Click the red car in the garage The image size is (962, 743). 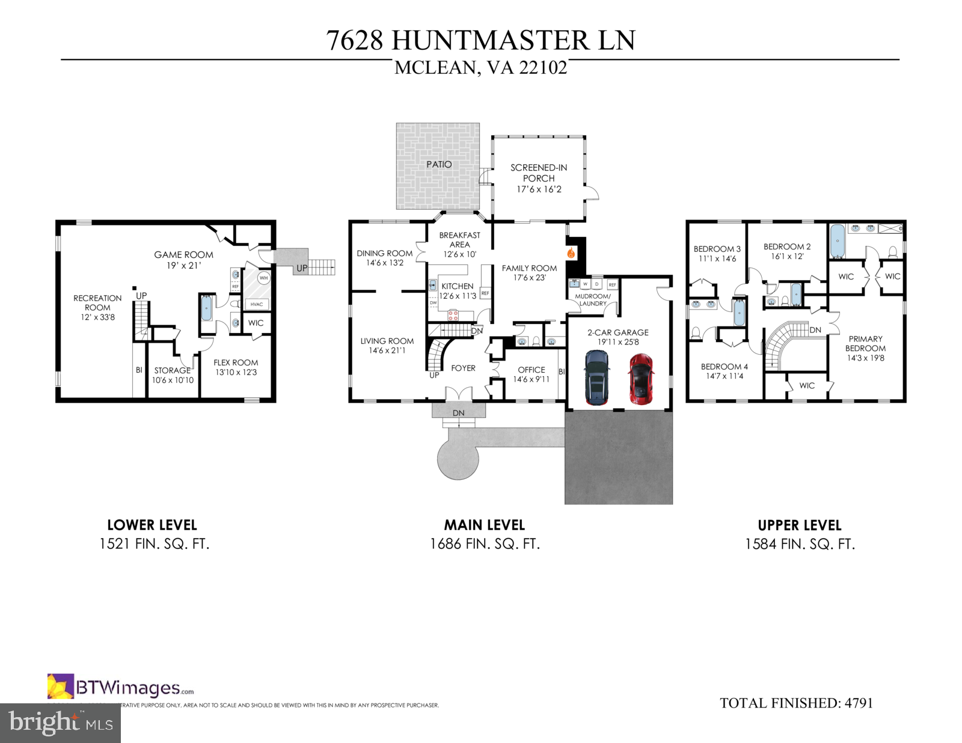(641, 379)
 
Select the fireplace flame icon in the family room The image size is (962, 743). (571, 253)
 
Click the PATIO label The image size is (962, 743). (439, 164)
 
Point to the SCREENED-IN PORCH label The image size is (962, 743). (539, 173)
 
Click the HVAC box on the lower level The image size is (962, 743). (257, 304)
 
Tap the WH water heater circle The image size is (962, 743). (263, 278)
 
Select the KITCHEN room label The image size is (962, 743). (458, 286)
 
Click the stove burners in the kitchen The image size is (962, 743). (453, 314)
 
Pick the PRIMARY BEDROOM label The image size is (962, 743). (865, 343)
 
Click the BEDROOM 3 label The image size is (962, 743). (717, 249)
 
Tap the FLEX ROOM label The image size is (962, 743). (236, 362)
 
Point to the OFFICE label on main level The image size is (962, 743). (531, 370)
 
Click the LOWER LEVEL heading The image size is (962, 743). (152, 525)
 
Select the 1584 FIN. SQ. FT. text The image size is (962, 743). (800, 544)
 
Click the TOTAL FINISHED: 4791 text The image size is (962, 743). (796, 703)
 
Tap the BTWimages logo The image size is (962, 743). (120, 687)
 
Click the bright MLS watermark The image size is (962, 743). (60, 723)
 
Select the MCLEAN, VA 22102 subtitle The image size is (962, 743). (480, 67)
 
